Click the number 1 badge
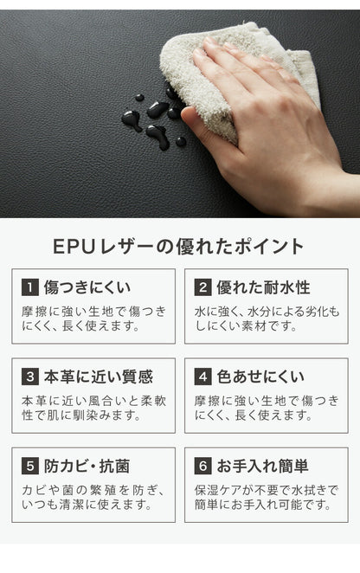(x=30, y=287)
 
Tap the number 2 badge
(x=202, y=287)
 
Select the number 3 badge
(x=30, y=377)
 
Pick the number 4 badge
(x=202, y=377)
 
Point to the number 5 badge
(x=30, y=466)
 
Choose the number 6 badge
(x=202, y=466)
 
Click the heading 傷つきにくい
(x=87, y=287)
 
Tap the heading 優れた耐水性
(x=263, y=287)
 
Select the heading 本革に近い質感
(x=99, y=377)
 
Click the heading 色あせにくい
(x=260, y=377)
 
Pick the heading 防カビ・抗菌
(x=87, y=466)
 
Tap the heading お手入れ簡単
(x=263, y=466)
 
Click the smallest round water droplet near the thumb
(x=139, y=98)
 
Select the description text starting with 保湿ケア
(x=267, y=498)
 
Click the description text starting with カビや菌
(x=93, y=498)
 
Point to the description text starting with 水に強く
(x=267, y=319)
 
